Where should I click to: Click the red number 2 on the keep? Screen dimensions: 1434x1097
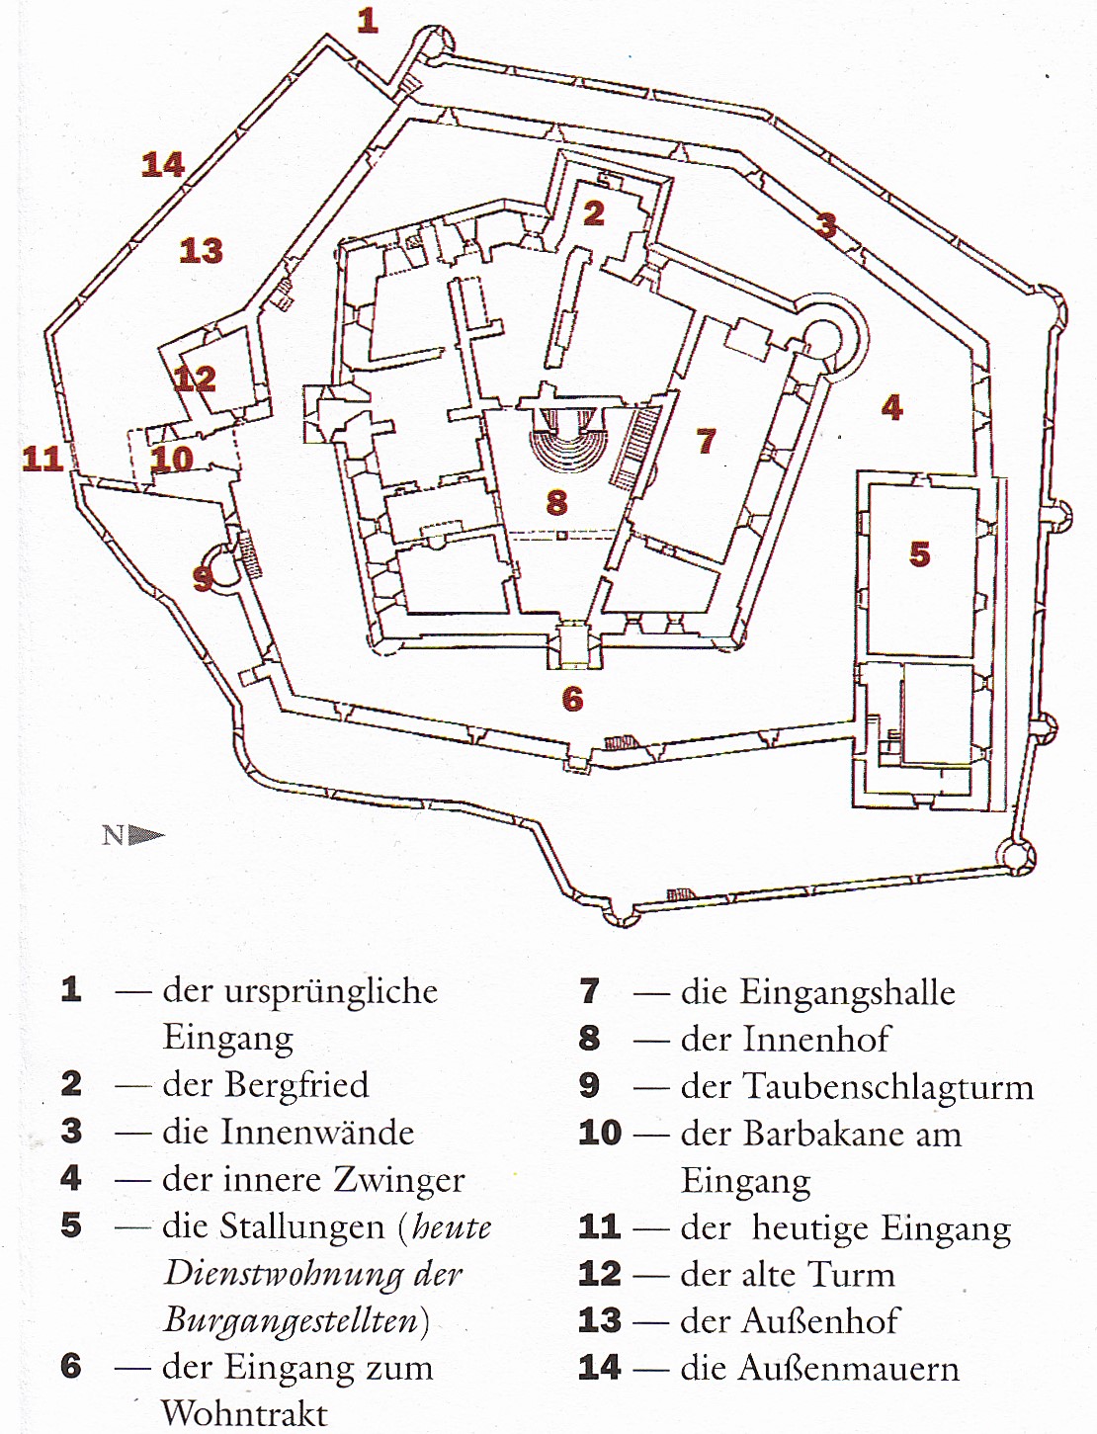593,212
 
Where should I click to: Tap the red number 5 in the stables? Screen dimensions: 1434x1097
920,553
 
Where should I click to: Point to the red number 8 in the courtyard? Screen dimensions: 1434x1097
557,502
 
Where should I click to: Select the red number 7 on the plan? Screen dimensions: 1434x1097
706,441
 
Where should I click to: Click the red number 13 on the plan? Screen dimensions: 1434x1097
201,250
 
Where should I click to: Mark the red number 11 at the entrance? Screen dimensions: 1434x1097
42,458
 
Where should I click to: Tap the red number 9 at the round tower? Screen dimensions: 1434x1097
204,577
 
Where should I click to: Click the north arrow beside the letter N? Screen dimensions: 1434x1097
147,836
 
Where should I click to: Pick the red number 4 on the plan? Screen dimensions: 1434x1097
891,406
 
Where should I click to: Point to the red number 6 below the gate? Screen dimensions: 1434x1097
572,699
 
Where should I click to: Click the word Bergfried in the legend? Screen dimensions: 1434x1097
296,1085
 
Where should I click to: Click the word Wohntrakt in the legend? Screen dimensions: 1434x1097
244,1413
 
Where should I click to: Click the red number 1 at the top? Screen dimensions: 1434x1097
368,20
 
